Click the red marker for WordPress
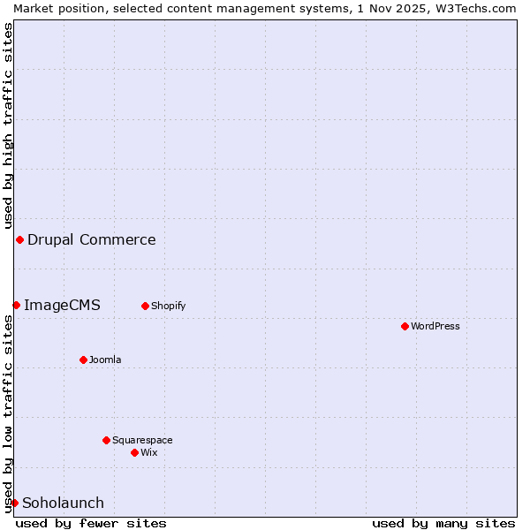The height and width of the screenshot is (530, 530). click(405, 326)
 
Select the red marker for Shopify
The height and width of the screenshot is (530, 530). click(145, 306)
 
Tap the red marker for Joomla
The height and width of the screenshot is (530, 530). click(83, 360)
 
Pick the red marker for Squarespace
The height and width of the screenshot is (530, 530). click(106, 440)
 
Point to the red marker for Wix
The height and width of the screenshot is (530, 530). click(134, 452)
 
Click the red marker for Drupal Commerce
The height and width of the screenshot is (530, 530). click(19, 239)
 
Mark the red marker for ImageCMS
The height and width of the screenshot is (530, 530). click(16, 305)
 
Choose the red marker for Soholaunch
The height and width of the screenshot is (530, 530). click(14, 503)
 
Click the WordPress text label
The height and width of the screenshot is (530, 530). click(435, 326)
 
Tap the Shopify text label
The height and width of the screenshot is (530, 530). click(168, 306)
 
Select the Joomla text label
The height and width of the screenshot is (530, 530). click(105, 360)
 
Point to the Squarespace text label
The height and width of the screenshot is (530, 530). click(142, 440)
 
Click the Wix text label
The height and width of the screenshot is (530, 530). click(148, 452)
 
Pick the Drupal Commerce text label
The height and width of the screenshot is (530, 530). click(92, 239)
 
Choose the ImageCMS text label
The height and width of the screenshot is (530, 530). click(62, 305)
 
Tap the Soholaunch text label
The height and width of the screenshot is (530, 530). click(63, 503)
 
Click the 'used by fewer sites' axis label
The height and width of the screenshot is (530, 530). click(91, 523)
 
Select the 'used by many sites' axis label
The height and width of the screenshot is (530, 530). click(443, 523)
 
